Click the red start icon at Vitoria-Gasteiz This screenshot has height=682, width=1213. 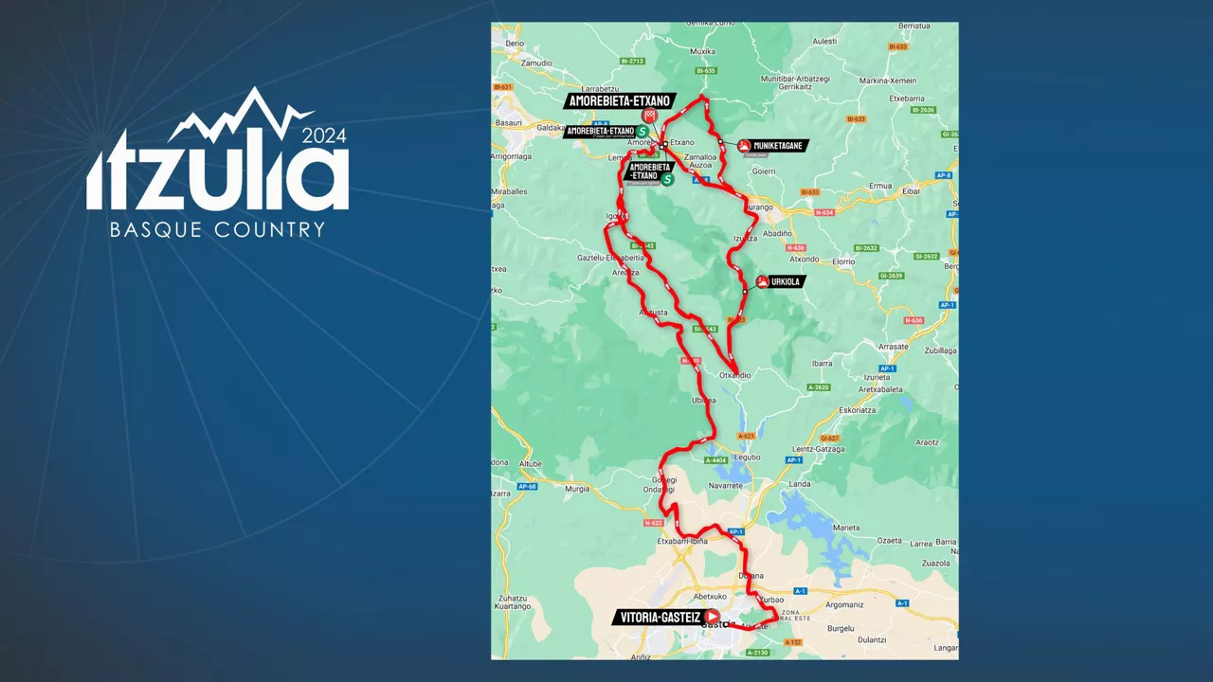point(712,617)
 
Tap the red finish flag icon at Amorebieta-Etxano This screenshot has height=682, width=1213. point(649,115)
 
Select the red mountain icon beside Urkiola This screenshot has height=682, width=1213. point(762,281)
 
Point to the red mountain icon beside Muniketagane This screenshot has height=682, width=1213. point(745,146)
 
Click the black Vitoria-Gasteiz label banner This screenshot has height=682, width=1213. point(660,618)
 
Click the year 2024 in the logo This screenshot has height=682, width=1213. point(324,135)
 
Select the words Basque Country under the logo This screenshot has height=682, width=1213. point(217,229)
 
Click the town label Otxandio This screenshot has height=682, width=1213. point(735,375)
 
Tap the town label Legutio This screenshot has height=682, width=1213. point(748,457)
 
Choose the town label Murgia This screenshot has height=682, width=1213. point(577,489)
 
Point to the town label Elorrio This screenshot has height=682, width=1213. point(843,260)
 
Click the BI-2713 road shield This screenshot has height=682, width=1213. point(632,62)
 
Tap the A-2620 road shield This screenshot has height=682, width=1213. point(818,387)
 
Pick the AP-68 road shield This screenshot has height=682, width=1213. point(527,487)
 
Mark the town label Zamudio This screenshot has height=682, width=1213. point(536,63)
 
